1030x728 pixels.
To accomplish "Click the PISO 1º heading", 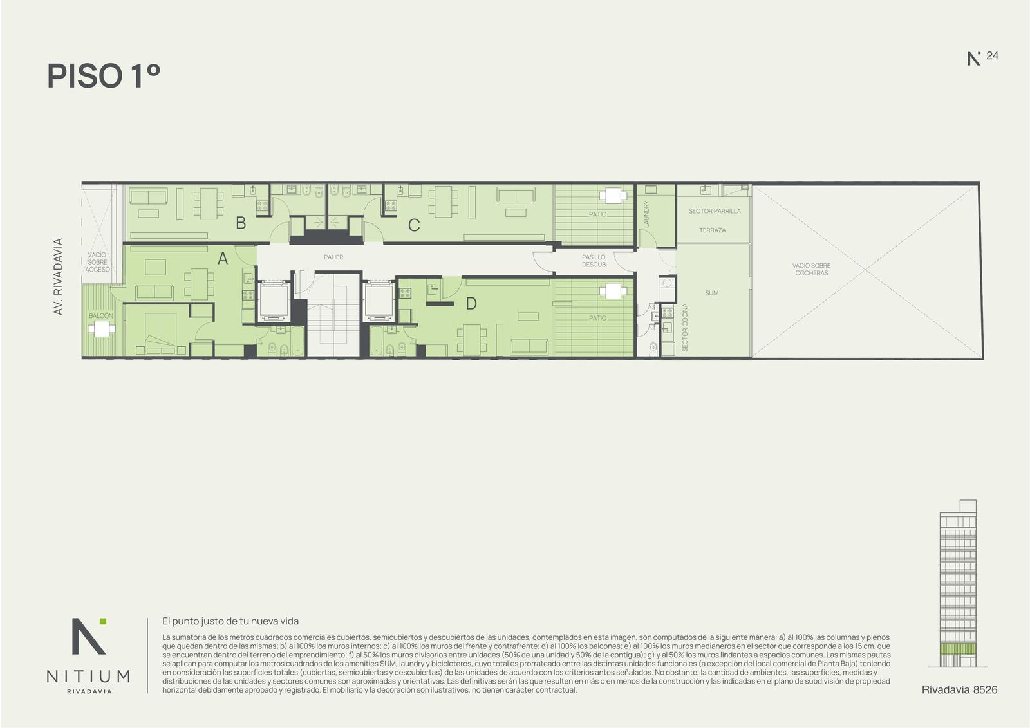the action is pyautogui.click(x=104, y=76).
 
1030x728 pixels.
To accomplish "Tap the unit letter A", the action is pyautogui.click(x=223, y=259).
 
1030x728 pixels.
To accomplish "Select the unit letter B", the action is pyautogui.click(x=241, y=223).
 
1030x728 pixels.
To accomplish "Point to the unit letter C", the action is pyautogui.click(x=414, y=225).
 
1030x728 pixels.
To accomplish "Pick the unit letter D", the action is pyautogui.click(x=471, y=304).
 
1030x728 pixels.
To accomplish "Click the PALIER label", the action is pyautogui.click(x=333, y=257).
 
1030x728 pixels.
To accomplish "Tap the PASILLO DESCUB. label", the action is pyautogui.click(x=594, y=261).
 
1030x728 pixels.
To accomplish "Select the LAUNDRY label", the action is pyautogui.click(x=646, y=214).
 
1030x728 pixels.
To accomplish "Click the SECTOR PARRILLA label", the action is pyautogui.click(x=715, y=211).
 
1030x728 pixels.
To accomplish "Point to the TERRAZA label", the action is pyautogui.click(x=712, y=230).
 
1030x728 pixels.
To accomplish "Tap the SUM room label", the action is pyautogui.click(x=711, y=293).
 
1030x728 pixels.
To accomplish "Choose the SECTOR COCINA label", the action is pyautogui.click(x=685, y=328).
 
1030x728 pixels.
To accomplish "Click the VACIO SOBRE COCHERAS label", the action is pyautogui.click(x=811, y=269).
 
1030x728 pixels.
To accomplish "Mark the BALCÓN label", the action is pyautogui.click(x=100, y=315).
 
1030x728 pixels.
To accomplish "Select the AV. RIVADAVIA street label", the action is pyautogui.click(x=57, y=276).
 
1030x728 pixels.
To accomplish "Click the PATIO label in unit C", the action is pyautogui.click(x=598, y=214).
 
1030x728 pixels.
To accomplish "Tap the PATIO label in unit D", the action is pyautogui.click(x=598, y=318).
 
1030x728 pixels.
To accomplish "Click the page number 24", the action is pyautogui.click(x=992, y=55).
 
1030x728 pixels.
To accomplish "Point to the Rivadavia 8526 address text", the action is pyautogui.click(x=959, y=690).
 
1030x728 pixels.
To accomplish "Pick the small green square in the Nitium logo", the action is pyautogui.click(x=103, y=621).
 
